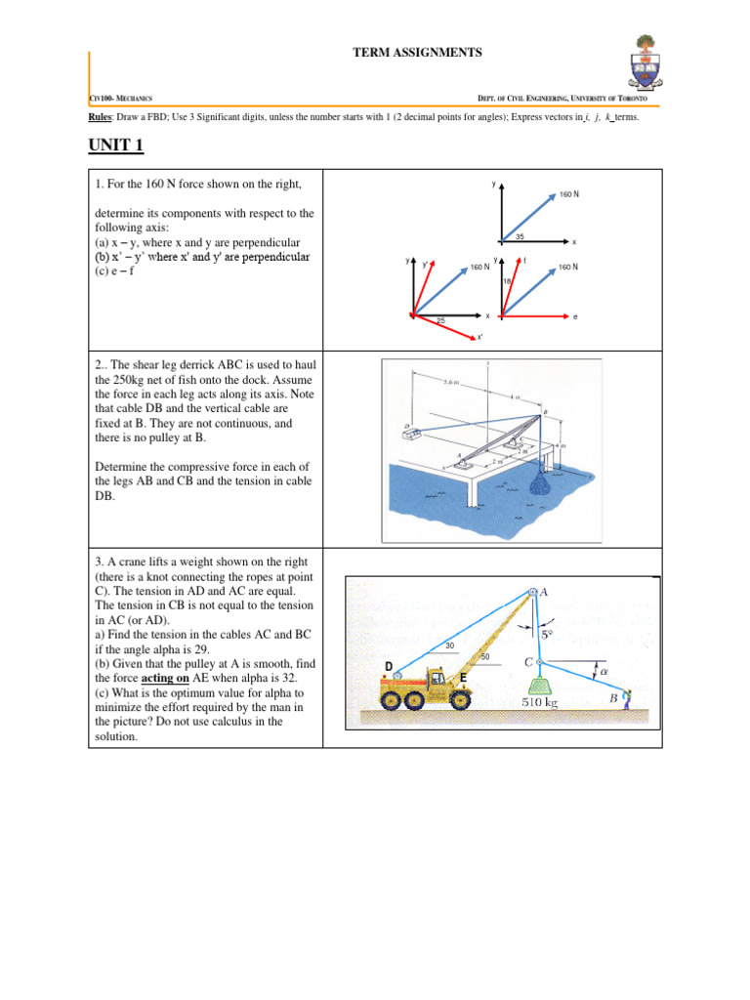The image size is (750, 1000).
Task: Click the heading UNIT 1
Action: click(115, 146)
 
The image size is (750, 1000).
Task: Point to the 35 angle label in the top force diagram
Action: click(520, 236)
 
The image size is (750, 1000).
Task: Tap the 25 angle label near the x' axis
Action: click(440, 321)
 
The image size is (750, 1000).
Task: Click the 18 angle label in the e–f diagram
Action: click(508, 281)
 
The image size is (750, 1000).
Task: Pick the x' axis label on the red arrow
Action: click(479, 338)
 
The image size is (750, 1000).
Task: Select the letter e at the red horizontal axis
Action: click(575, 316)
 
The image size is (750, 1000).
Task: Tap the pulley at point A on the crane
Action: click(532, 592)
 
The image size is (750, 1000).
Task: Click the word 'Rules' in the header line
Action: click(101, 116)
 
